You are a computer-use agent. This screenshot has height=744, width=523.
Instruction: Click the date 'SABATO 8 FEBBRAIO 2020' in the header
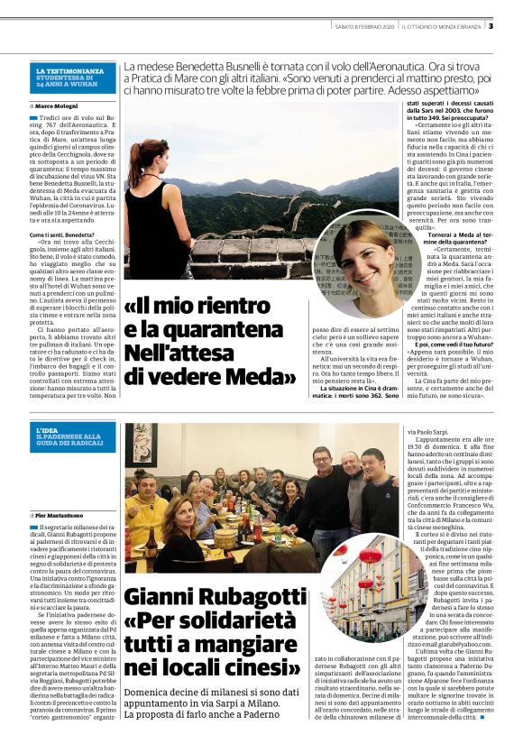(x=361, y=25)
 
